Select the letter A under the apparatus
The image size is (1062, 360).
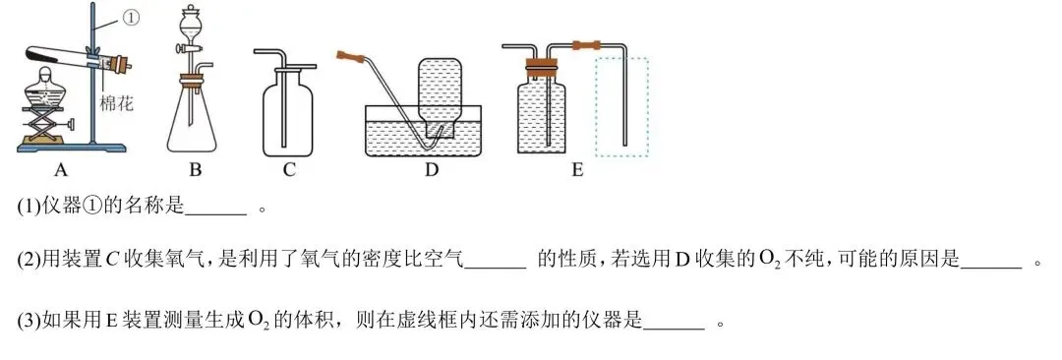click(x=60, y=170)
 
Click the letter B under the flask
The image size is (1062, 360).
click(x=195, y=170)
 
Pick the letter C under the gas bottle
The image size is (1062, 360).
click(x=289, y=170)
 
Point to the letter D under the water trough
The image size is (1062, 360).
click(x=431, y=170)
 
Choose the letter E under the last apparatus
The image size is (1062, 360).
click(x=577, y=170)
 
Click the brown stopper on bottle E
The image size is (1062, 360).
click(x=540, y=69)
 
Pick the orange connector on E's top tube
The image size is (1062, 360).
click(x=585, y=44)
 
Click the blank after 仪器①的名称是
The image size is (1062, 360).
click(x=215, y=209)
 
